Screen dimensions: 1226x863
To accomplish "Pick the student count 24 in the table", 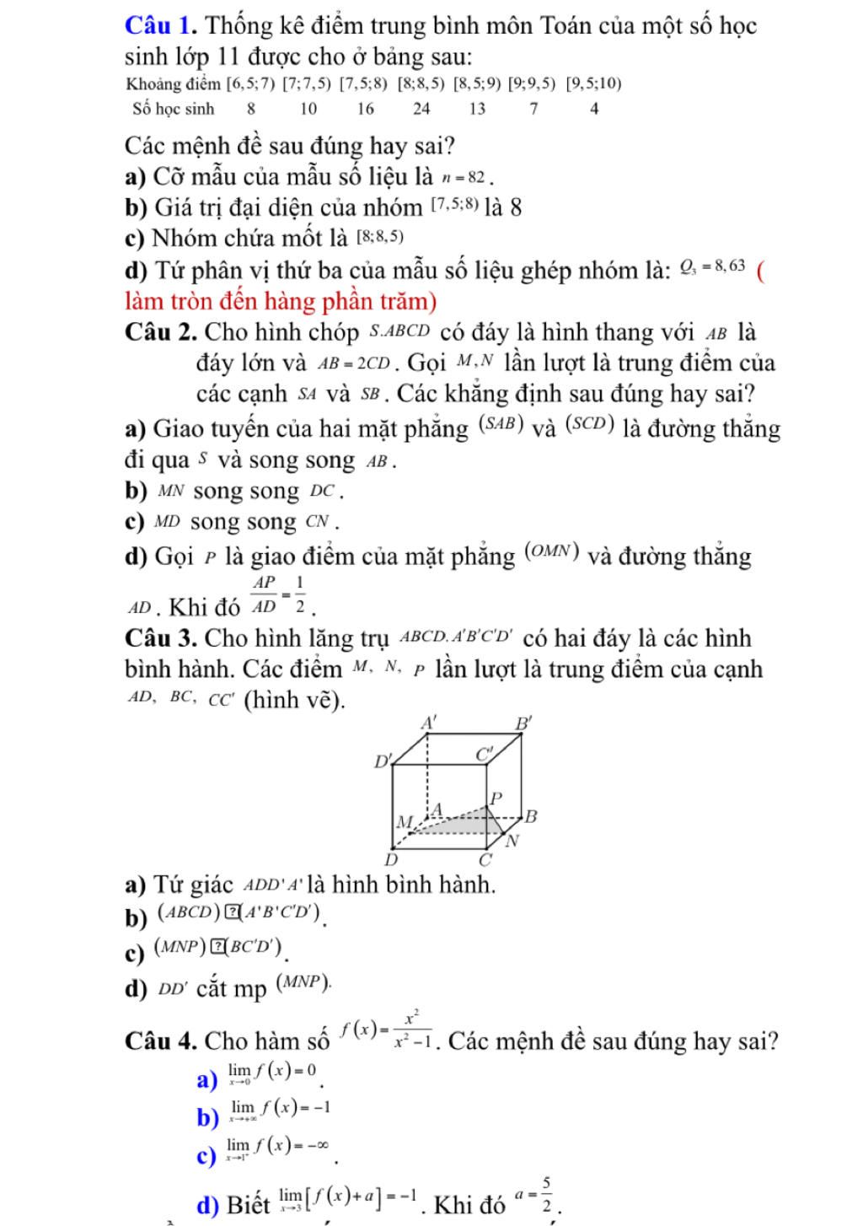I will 421,109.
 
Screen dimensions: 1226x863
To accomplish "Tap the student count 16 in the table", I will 365,109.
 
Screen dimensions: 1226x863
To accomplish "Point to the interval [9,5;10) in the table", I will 594,83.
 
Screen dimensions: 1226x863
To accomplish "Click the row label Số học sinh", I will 174,109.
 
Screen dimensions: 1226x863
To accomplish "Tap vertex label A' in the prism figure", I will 430,722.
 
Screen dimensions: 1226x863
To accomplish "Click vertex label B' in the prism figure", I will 525,723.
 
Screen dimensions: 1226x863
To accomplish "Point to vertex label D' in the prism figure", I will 383,761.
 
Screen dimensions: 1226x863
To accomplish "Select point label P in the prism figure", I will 496,797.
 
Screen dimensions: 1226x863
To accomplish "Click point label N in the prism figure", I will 512,841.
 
